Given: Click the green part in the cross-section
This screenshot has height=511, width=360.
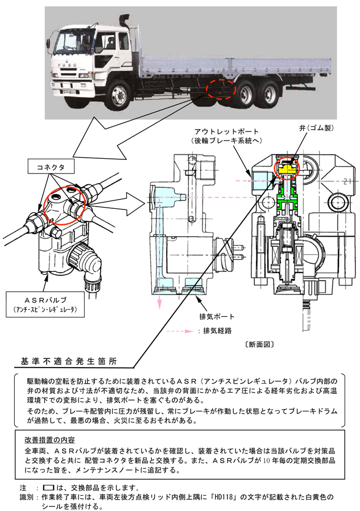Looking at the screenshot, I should click(288, 200).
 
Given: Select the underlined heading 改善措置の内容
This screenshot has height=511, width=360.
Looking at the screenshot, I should click(52, 439).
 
